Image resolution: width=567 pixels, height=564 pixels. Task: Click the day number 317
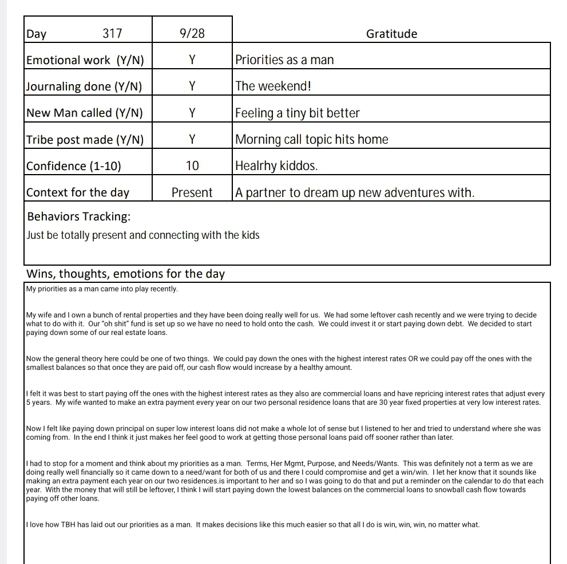(112, 34)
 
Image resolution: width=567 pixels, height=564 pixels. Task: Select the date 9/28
(192, 34)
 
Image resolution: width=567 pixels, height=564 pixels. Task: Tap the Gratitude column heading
(391, 34)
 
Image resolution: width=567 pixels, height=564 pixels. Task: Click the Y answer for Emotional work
(192, 60)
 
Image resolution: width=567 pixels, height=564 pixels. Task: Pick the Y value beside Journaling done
(192, 86)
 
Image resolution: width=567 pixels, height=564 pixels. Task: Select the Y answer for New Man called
(192, 113)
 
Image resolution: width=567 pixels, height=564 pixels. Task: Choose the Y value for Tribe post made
(192, 139)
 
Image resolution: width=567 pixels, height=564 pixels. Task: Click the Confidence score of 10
(192, 166)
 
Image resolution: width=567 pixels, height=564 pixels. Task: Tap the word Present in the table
(192, 192)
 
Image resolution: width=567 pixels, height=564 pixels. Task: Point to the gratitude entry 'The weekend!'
(273, 86)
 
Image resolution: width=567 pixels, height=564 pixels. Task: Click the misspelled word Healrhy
(256, 166)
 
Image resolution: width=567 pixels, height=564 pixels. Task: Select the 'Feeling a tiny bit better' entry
(298, 113)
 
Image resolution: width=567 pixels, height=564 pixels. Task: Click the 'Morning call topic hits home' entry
(312, 139)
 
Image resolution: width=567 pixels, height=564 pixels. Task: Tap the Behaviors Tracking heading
(78, 216)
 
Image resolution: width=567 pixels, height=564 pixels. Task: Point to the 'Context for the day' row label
(78, 192)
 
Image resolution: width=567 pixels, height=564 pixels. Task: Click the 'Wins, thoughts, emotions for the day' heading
(126, 274)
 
